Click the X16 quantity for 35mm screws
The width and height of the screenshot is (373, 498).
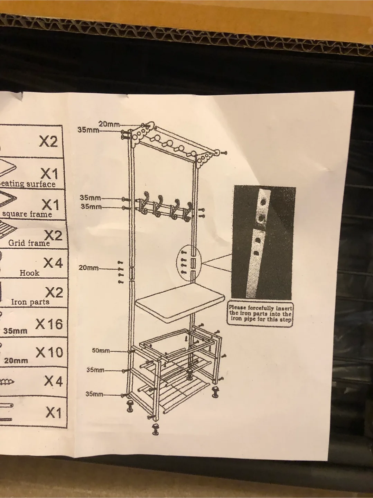tap(49, 324)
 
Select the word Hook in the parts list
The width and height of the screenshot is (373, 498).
tap(29, 273)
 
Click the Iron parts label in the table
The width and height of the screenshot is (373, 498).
tap(30, 302)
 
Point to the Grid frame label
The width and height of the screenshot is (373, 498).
tap(29, 243)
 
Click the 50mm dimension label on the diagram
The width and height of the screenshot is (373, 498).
tap(100, 351)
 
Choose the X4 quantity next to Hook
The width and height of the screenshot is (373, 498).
tap(53, 264)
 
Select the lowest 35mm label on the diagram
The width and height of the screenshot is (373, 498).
tap(94, 394)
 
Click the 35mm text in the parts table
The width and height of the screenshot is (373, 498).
tap(15, 331)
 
